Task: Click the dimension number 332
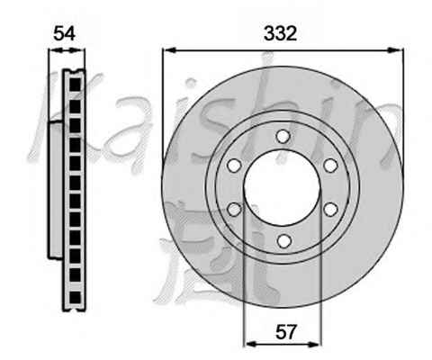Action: (280, 33)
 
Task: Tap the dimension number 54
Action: (64, 33)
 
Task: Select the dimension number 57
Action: (285, 332)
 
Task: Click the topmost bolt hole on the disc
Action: (283, 137)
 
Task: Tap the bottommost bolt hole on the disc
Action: (283, 240)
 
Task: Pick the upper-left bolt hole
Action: (234, 166)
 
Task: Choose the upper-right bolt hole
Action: (331, 166)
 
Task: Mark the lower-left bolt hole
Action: (234, 209)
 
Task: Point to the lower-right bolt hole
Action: (331, 209)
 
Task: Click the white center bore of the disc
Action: (283, 188)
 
